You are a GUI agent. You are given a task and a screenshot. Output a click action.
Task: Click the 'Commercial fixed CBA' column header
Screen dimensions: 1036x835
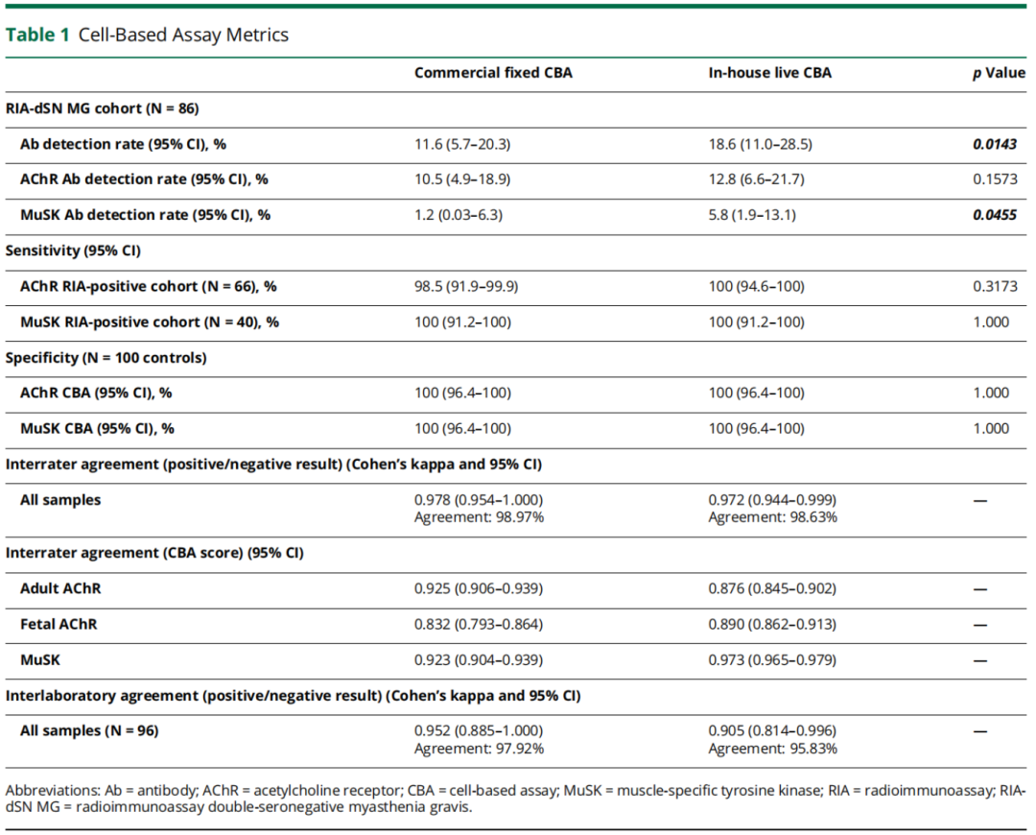tap(493, 73)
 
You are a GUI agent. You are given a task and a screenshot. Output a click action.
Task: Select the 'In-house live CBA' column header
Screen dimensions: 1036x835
tap(769, 73)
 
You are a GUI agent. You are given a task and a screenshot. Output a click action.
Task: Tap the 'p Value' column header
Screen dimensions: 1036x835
tap(999, 73)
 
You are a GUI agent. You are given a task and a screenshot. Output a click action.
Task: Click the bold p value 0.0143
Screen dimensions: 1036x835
tap(995, 144)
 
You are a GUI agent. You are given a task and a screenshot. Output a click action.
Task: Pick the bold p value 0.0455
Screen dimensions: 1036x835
tap(995, 215)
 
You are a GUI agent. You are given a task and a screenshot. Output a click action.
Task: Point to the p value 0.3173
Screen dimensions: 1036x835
tap(995, 286)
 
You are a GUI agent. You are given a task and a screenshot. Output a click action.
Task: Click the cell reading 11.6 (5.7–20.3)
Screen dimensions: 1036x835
tap(462, 144)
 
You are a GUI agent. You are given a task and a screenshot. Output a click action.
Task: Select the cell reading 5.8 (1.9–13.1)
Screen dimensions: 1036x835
tap(752, 215)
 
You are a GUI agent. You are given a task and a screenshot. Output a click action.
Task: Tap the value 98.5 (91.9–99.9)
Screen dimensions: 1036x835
tap(466, 286)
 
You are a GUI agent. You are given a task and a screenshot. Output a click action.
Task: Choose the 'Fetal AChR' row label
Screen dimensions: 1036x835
tap(59, 624)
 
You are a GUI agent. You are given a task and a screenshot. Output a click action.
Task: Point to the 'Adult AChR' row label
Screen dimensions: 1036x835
tap(60, 588)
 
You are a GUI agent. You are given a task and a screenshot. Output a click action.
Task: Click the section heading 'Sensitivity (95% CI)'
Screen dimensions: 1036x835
tap(73, 250)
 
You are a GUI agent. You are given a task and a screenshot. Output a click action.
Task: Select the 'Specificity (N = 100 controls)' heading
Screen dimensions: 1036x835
tap(106, 358)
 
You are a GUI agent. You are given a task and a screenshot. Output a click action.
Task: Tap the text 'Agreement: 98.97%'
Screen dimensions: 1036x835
tap(479, 517)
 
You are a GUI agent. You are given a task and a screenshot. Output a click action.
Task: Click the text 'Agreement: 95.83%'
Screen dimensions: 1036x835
tap(772, 749)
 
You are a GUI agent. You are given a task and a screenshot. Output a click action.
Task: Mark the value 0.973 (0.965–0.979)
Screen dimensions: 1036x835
tap(772, 659)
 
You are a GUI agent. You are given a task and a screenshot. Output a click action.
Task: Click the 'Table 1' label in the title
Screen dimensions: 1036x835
tap(37, 35)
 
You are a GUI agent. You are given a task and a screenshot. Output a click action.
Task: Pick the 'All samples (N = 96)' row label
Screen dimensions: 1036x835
tap(89, 731)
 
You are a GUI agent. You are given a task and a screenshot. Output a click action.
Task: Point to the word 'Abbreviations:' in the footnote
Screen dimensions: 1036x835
tap(52, 791)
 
